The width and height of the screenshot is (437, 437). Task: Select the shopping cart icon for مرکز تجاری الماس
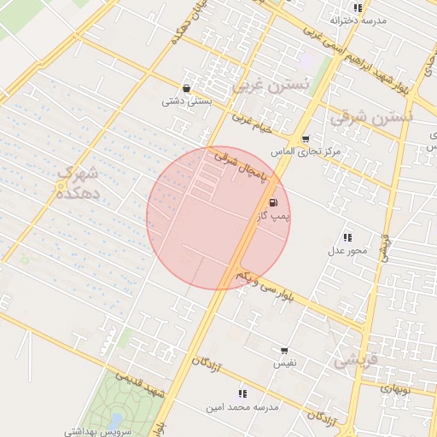[x=306, y=138]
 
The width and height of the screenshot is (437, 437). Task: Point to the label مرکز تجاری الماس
[x=306, y=151]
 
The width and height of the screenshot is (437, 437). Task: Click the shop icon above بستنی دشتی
[x=186, y=88]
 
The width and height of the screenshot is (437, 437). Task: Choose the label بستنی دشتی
[x=186, y=101]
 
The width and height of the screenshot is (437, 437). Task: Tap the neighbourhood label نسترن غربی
[x=265, y=86]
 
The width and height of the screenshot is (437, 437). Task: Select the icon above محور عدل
[x=347, y=237]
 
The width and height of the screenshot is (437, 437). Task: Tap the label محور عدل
[x=347, y=250]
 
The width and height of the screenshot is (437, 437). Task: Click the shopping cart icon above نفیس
[x=284, y=350]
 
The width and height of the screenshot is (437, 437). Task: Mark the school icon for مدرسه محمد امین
[x=243, y=393]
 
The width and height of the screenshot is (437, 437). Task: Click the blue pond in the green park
[x=114, y=421]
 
